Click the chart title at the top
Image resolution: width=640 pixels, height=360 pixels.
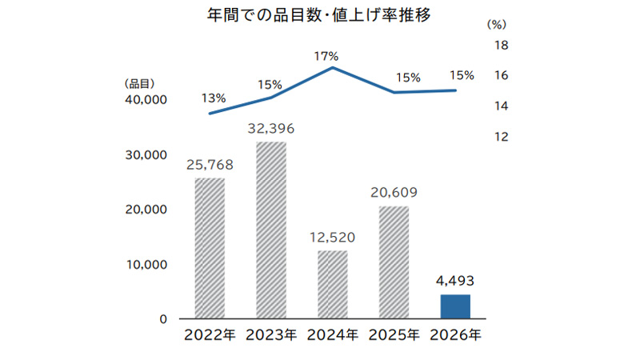coord(319,15)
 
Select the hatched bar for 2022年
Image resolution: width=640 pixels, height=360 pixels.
coord(210,248)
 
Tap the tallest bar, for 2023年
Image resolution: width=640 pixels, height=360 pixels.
coord(270,230)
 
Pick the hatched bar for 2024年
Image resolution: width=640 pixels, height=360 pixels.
coord(332,285)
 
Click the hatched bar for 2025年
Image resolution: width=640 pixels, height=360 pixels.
coord(394,262)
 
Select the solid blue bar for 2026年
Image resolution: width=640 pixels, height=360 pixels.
coord(454,306)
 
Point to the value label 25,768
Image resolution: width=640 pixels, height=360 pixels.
coord(210,166)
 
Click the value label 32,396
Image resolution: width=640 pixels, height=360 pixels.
coord(270,128)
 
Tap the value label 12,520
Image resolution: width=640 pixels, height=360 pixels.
coord(332,238)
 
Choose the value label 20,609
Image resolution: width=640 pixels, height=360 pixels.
coord(394,193)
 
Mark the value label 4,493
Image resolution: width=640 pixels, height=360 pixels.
coord(454,281)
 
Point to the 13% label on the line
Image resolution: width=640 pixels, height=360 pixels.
coord(214,98)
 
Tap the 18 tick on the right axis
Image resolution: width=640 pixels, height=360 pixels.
coord(502,45)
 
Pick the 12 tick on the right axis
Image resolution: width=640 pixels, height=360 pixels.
coord(502,137)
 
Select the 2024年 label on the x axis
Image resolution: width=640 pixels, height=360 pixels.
coord(332,336)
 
